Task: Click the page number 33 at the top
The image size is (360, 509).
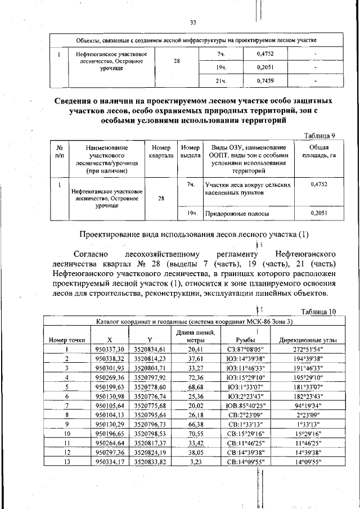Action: [x=192, y=22]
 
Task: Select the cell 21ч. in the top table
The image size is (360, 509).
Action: [x=220, y=81]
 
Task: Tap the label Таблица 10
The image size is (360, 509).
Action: [x=318, y=312]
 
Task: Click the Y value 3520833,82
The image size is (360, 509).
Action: [x=149, y=462]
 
